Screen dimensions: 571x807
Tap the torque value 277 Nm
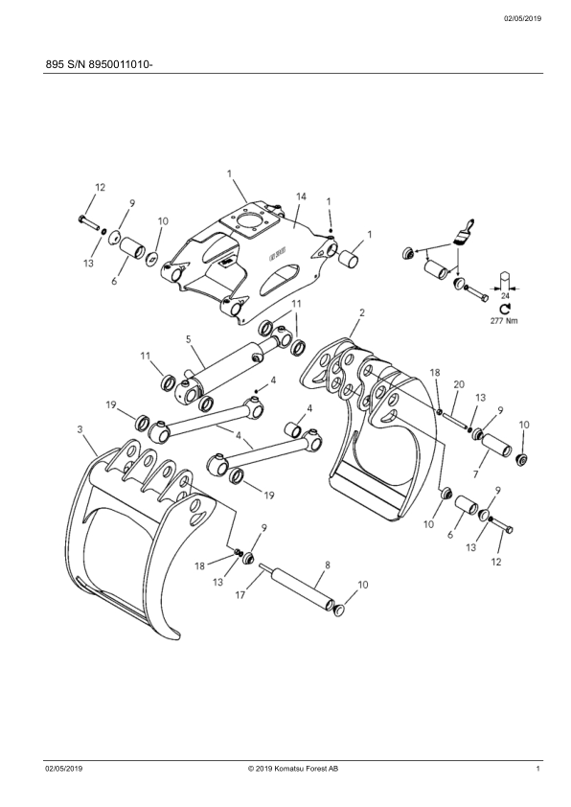(x=505, y=321)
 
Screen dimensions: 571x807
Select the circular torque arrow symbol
(x=505, y=309)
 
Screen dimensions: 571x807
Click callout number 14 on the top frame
(x=302, y=196)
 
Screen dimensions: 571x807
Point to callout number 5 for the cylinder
(x=189, y=339)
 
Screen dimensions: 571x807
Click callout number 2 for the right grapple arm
(x=362, y=312)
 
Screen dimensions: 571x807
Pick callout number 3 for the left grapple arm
(x=80, y=428)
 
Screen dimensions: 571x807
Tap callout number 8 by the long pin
(x=328, y=565)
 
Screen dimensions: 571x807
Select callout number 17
(x=240, y=595)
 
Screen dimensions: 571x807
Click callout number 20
(x=459, y=384)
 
